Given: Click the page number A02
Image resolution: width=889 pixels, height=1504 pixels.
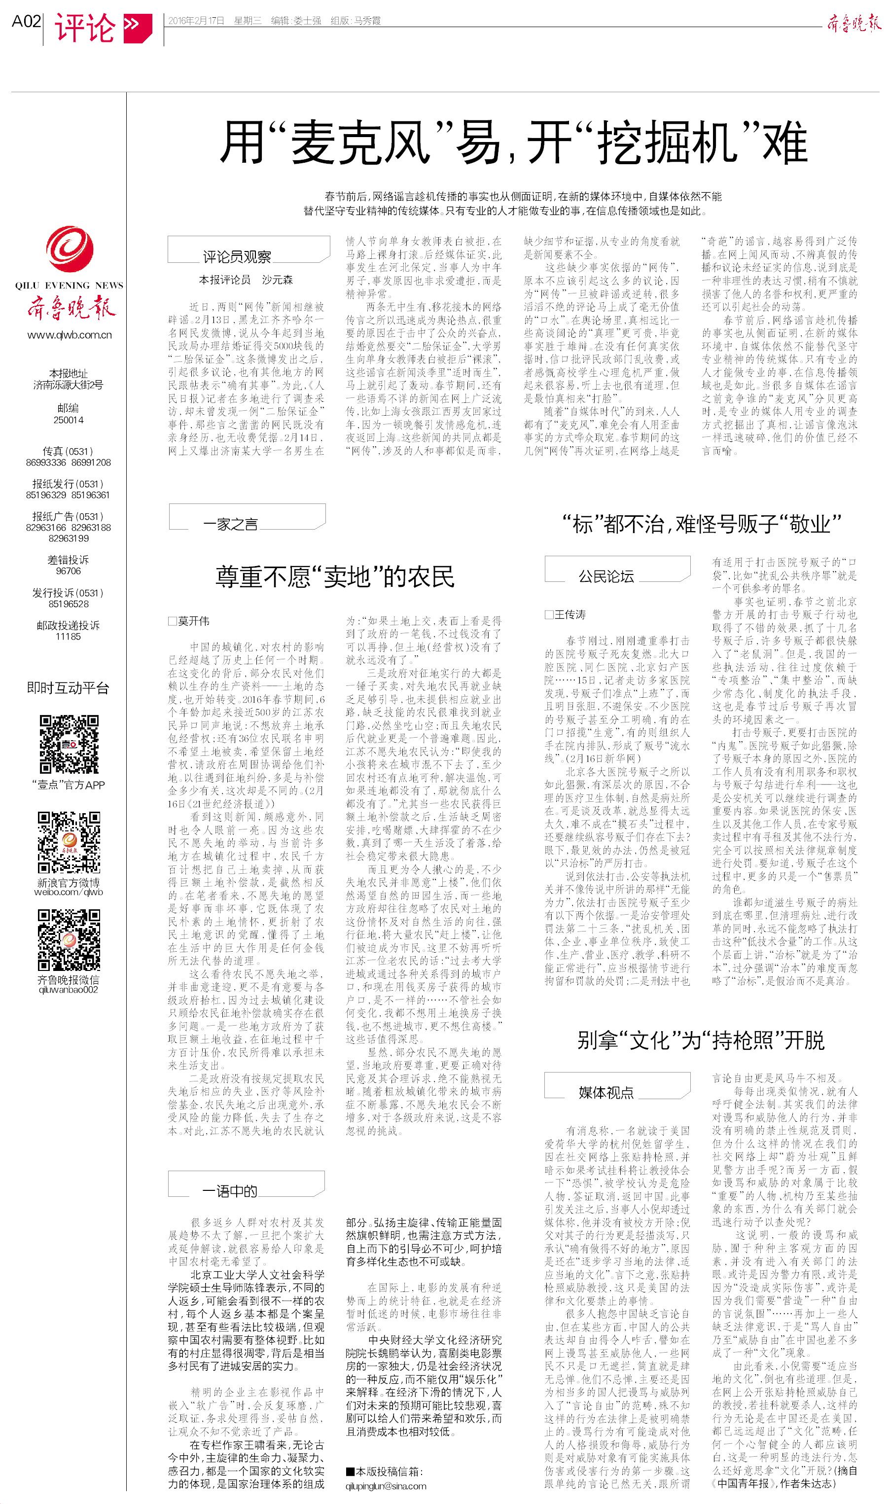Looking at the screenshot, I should tap(26, 22).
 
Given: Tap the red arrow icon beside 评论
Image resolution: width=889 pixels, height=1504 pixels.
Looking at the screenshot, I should tap(137, 28).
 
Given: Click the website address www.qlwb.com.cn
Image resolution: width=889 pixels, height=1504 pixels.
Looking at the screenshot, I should tap(70, 335).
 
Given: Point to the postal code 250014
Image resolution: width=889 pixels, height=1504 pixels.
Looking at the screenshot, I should tap(69, 420).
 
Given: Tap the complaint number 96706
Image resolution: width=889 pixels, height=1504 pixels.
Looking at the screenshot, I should tap(69, 571).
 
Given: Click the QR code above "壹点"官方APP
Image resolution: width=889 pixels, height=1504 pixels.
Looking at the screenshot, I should tap(69, 745).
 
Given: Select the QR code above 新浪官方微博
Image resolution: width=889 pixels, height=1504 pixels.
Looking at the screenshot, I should tap(69, 842).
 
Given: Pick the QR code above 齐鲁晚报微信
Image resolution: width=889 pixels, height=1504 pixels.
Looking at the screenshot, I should tap(69, 939).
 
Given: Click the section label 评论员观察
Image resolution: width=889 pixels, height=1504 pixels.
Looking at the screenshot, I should tap(237, 257).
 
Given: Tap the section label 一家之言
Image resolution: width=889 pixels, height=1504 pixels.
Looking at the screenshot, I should tap(231, 525).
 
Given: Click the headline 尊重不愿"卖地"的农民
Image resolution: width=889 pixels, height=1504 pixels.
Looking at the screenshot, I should tap(335, 576).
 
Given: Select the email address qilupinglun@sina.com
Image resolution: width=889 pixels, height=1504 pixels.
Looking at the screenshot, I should tap(386, 1486).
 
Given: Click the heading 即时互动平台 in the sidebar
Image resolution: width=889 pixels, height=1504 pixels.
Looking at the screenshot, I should tap(69, 687).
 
